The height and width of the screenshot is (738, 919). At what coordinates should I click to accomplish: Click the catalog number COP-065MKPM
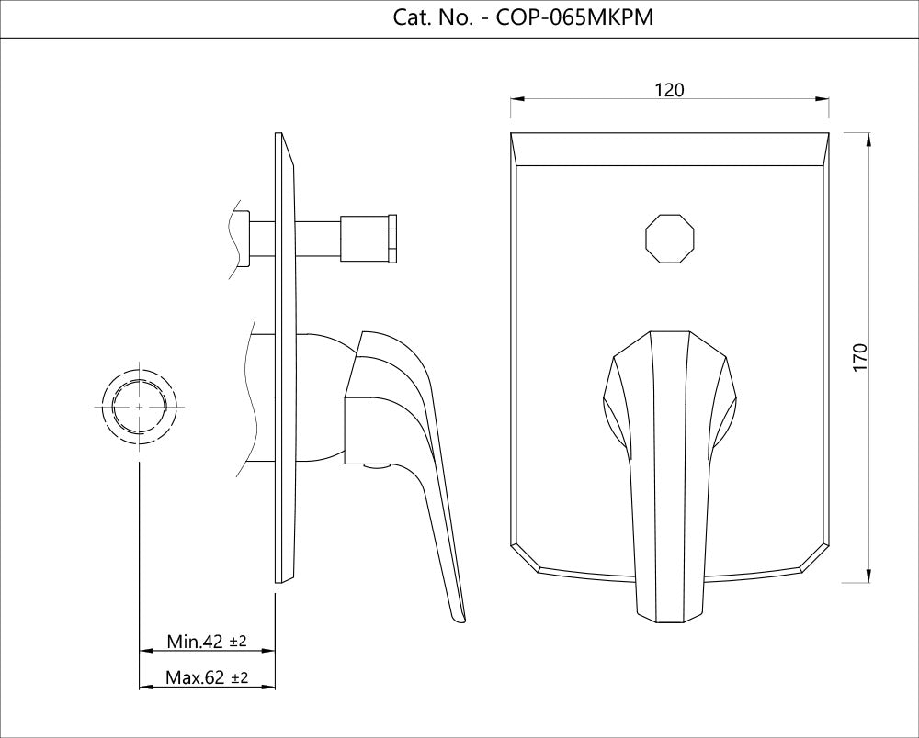(574, 17)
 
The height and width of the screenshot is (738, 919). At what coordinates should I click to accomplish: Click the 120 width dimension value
(669, 89)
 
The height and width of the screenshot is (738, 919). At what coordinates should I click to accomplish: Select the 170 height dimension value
(859, 357)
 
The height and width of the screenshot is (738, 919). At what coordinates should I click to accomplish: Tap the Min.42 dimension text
(196, 641)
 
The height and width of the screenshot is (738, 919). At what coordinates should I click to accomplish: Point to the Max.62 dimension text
(196, 678)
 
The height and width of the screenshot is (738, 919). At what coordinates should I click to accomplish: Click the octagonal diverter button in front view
(669, 239)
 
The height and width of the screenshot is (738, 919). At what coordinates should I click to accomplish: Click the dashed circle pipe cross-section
(139, 406)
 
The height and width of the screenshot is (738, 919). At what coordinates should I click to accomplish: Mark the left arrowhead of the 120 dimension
(516, 98)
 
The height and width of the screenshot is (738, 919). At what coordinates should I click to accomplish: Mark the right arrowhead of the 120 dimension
(823, 98)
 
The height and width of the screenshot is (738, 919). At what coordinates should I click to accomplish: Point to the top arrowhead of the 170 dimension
(869, 139)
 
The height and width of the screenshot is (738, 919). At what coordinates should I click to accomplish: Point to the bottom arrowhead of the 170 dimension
(869, 576)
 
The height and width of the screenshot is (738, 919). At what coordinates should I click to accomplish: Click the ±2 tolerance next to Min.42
(238, 641)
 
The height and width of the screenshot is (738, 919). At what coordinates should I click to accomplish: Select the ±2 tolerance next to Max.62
(238, 678)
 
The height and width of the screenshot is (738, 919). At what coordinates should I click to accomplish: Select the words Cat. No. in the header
(430, 17)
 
